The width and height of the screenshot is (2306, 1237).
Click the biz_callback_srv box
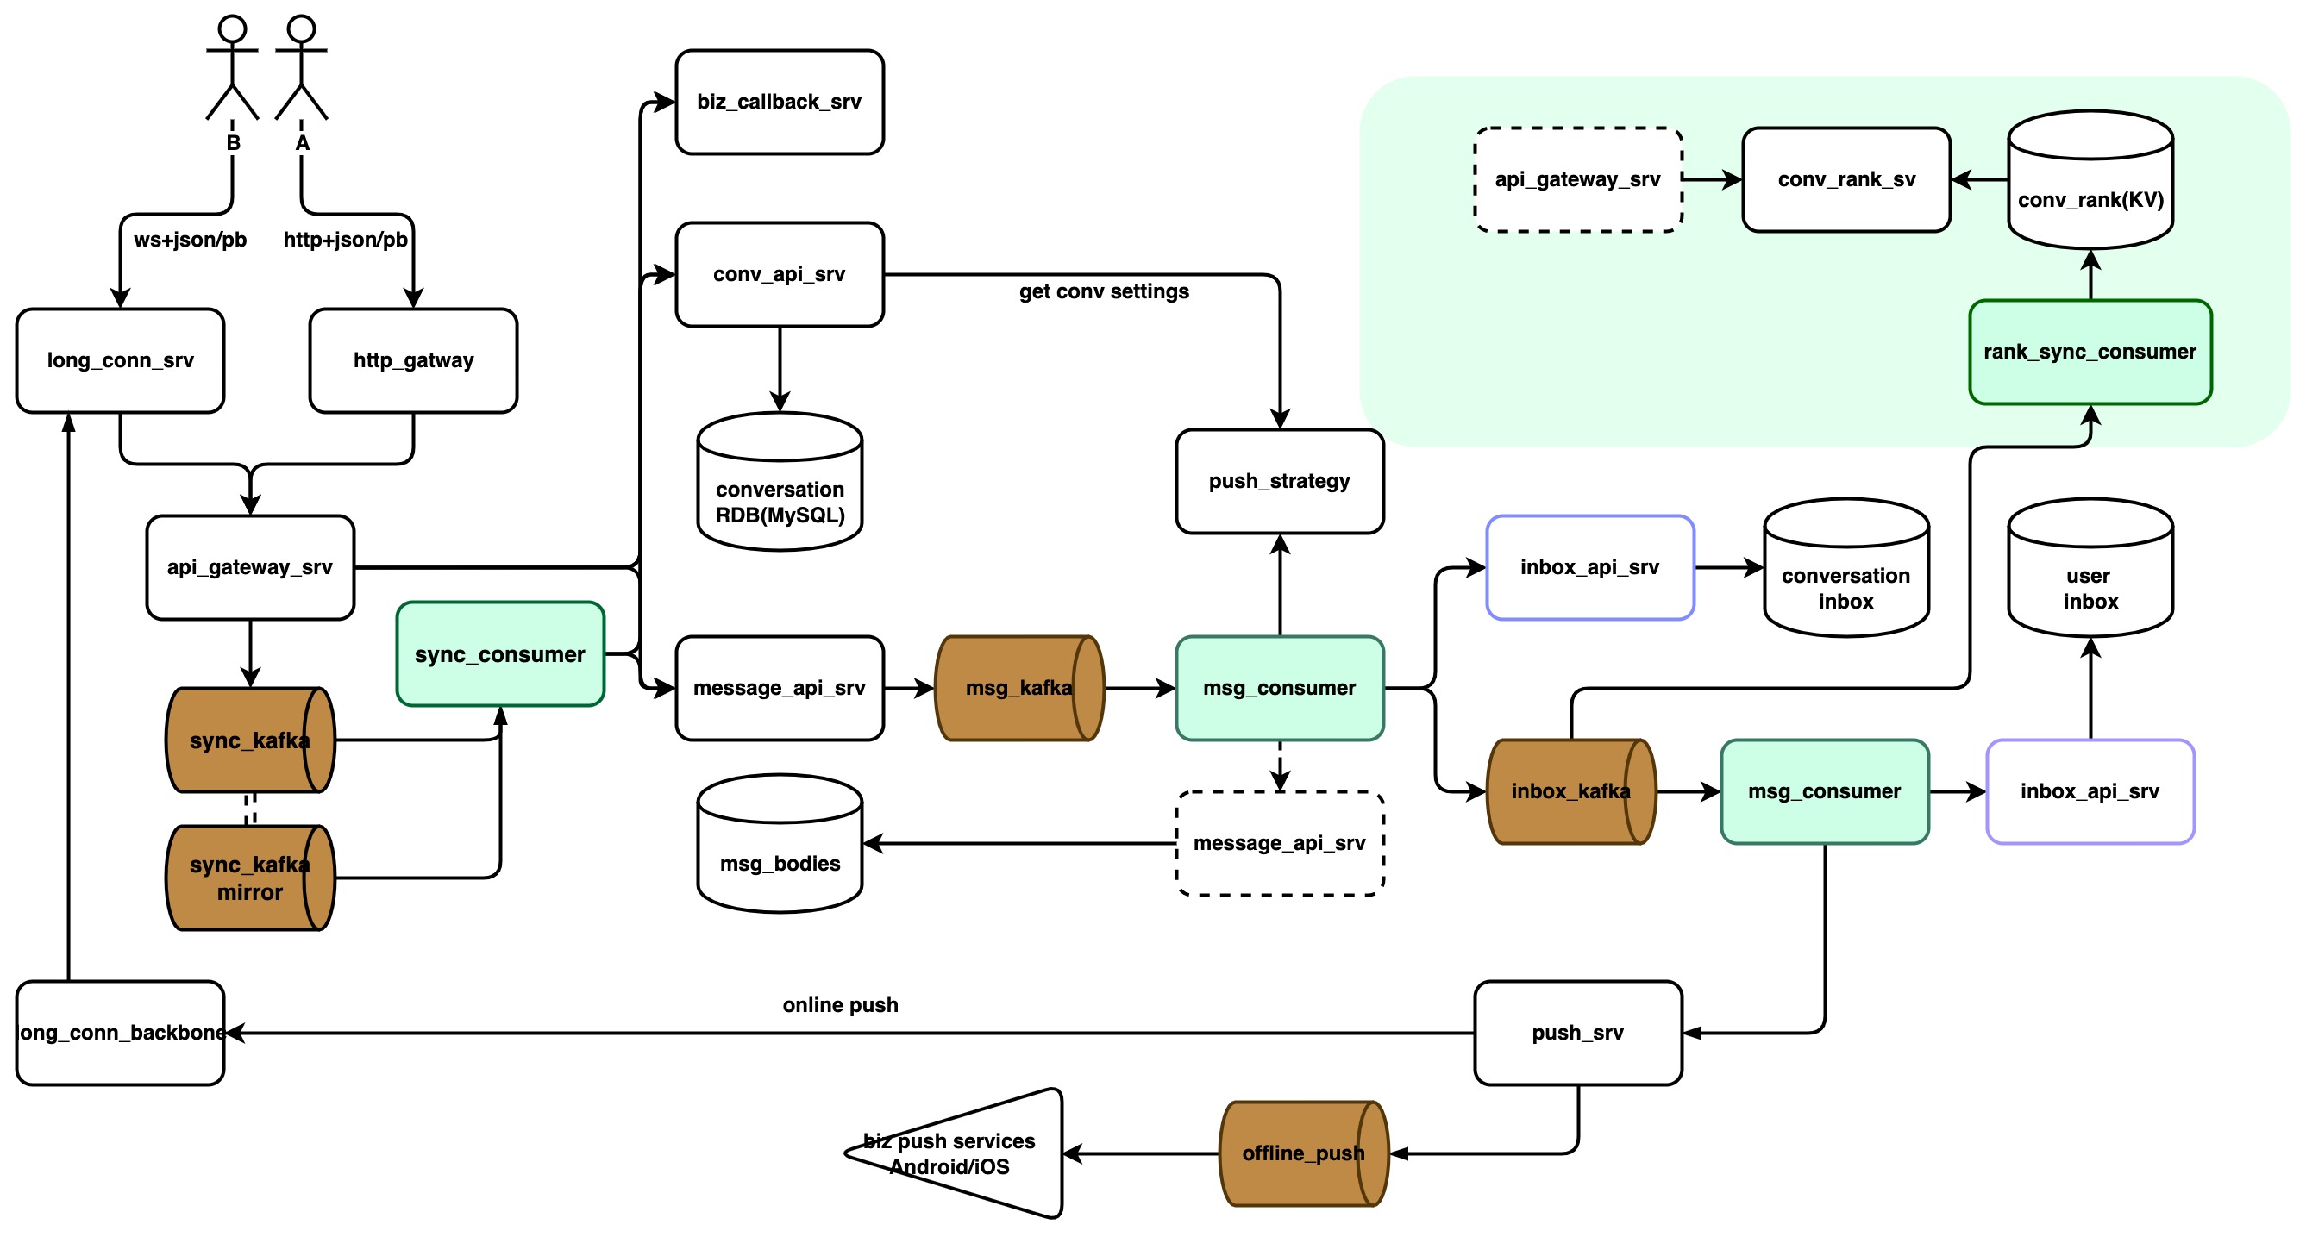click(779, 102)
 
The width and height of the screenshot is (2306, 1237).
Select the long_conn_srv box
click(120, 360)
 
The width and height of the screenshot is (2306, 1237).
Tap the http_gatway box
click(413, 360)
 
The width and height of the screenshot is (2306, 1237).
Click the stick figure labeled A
click(302, 67)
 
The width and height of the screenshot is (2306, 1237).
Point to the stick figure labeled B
click(233, 67)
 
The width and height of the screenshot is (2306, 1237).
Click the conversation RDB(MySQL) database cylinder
click(780, 482)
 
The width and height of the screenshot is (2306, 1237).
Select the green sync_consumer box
click(500, 654)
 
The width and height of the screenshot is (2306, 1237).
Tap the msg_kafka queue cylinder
click(1019, 688)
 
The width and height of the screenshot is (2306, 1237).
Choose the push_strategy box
click(1279, 482)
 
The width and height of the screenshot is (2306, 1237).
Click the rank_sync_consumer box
click(2090, 353)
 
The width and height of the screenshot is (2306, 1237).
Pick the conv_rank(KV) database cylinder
click(2090, 179)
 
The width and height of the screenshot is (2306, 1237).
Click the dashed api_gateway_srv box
click(1578, 180)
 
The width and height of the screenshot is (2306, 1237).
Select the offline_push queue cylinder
click(1304, 1153)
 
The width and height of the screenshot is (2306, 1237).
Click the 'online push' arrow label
click(840, 1005)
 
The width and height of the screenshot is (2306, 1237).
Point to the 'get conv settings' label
click(1104, 292)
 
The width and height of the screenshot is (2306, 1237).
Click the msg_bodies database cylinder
click(780, 844)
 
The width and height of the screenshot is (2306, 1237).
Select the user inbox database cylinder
click(2090, 567)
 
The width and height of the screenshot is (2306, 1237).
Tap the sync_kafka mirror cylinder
click(251, 878)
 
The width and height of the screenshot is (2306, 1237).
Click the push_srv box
click(1578, 1033)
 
